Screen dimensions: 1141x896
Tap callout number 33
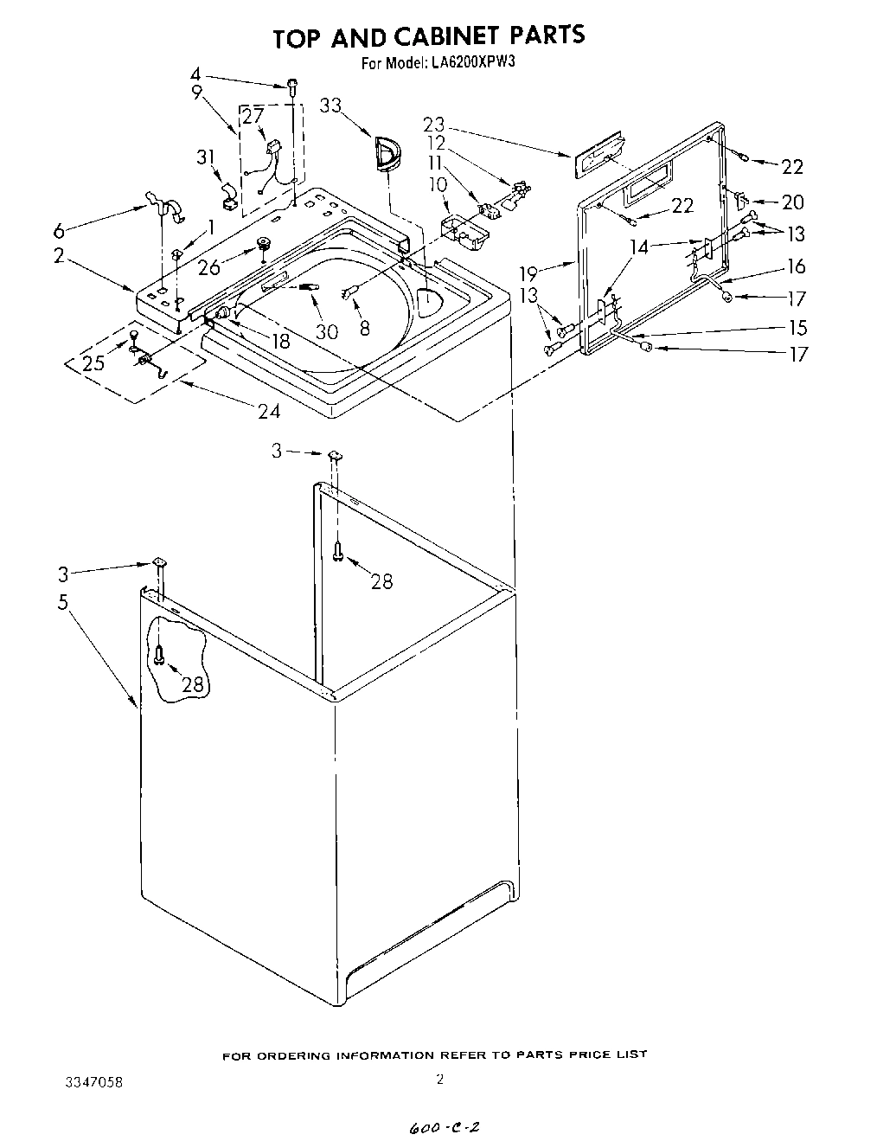[330, 106]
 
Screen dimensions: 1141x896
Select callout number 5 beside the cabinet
[62, 602]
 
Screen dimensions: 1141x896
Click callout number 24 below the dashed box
[269, 411]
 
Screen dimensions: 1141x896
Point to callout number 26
[208, 268]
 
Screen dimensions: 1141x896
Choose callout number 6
[58, 230]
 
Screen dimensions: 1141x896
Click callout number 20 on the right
[792, 202]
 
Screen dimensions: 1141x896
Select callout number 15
[797, 328]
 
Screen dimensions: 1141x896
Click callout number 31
[205, 157]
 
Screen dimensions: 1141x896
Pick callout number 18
[279, 340]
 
